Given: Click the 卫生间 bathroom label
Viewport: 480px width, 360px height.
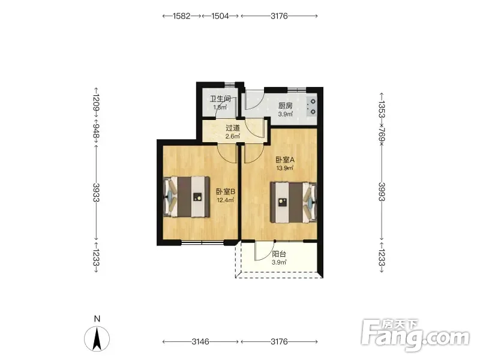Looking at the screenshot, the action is (x=220, y=99).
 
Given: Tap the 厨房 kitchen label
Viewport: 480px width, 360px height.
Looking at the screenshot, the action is (x=286, y=106).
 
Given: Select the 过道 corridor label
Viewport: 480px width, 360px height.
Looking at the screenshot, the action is (x=233, y=128).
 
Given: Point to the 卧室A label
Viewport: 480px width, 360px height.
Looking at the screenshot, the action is (x=285, y=160).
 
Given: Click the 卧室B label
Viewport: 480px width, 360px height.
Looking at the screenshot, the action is (x=226, y=191).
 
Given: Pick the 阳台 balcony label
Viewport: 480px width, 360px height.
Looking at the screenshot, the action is (x=279, y=254).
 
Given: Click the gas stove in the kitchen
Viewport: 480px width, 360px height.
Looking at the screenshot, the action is (x=311, y=107).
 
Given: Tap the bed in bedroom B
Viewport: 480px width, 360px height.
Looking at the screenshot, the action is (x=187, y=197).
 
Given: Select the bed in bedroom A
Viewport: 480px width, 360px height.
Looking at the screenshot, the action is (x=293, y=202).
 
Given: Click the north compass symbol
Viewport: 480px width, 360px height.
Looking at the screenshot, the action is (x=97, y=338).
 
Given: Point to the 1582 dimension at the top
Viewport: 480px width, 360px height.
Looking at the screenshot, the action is (x=182, y=16).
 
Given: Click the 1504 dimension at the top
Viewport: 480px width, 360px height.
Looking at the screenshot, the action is (x=220, y=16).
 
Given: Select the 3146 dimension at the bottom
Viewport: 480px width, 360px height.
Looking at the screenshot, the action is (x=200, y=341).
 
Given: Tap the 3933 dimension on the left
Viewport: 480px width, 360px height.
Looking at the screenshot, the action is (x=97, y=192).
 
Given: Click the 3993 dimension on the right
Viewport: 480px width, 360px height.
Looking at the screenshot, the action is (x=382, y=191).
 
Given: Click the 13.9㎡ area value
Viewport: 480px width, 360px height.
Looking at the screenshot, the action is (x=285, y=168).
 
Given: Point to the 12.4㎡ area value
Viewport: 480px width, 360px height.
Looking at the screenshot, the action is (x=226, y=200).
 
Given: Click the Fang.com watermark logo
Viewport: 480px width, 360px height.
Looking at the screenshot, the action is (x=415, y=335).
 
